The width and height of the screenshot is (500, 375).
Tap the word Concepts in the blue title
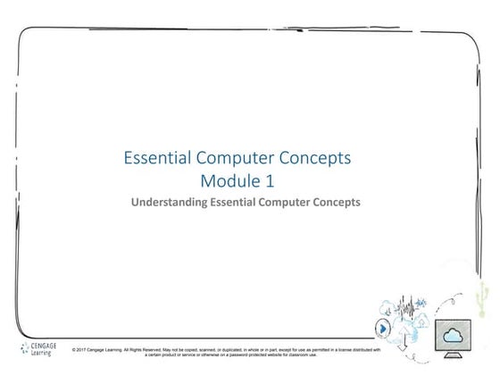[x=317, y=159]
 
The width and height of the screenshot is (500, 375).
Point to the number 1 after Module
[x=271, y=181]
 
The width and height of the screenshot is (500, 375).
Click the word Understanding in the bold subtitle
[x=170, y=203]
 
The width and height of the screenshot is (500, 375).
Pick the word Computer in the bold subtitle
[x=291, y=203]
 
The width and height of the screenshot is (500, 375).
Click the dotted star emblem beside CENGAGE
[x=24, y=348]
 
